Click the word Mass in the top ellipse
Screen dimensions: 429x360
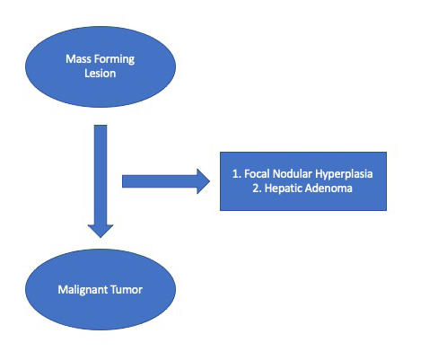[78, 58]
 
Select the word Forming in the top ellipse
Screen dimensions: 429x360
[114, 59]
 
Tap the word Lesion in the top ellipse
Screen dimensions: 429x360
[100, 74]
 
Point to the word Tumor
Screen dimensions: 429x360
[127, 290]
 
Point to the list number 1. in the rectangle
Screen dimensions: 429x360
[237, 174]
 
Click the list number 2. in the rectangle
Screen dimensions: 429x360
[257, 189]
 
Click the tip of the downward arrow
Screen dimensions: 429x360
[101, 238]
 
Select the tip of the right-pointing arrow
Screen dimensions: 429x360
[210, 181]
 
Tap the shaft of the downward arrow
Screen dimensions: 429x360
[101, 175]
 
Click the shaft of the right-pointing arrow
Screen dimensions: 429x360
[160, 181]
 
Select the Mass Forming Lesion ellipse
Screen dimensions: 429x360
[101, 66]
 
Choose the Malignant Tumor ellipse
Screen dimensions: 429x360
[101, 289]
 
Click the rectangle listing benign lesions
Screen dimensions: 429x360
[303, 181]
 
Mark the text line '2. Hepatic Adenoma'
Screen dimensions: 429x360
[302, 189]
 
